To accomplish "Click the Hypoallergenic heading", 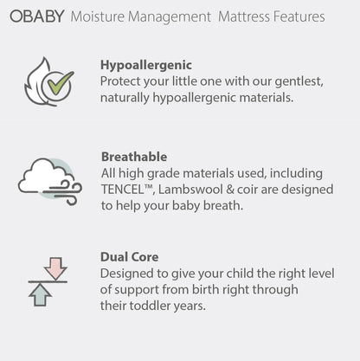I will click(146, 65).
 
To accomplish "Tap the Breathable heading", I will click(134, 158).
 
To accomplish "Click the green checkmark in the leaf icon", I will click(59, 85).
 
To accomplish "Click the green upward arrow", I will click(40, 294).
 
